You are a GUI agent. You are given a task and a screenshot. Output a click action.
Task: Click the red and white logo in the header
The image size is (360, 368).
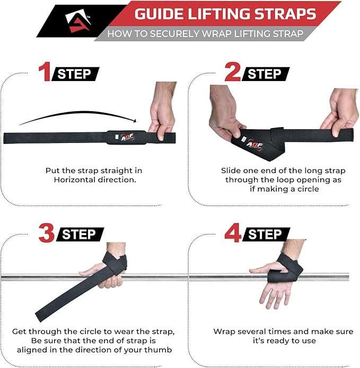pyautogui.click(x=78, y=21)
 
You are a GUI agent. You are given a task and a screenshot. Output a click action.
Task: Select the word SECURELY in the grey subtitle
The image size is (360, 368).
pyautogui.click(x=174, y=34)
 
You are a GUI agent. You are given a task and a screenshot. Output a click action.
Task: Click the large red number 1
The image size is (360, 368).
pyautogui.click(x=45, y=71)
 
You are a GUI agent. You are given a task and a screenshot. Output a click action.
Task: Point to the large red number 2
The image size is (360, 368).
pyautogui.click(x=232, y=71)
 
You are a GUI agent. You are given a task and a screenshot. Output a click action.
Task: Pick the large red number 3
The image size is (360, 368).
pyautogui.click(x=47, y=233)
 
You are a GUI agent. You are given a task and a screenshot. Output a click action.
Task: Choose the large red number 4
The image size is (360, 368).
pyautogui.click(x=233, y=233)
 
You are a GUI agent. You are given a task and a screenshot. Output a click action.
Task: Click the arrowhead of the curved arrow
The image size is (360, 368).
pyautogui.click(x=135, y=121)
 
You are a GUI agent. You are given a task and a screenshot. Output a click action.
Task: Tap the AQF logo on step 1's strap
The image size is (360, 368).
pyautogui.click(x=127, y=137)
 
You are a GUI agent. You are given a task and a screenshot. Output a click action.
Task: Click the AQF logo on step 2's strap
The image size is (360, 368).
pyautogui.click(x=254, y=145)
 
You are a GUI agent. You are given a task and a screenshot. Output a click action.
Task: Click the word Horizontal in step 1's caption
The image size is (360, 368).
pyautogui.click(x=74, y=180)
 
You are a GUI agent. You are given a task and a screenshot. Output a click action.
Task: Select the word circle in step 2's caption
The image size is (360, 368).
pyautogui.click(x=308, y=189)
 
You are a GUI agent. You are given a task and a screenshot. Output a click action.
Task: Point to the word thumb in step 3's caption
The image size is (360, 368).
pyautogui.click(x=158, y=349)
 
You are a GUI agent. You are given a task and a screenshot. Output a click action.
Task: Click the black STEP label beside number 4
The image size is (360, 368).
pyautogui.click(x=266, y=234)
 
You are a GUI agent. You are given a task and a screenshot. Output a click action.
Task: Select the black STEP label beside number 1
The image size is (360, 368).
pyautogui.click(x=75, y=74)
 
